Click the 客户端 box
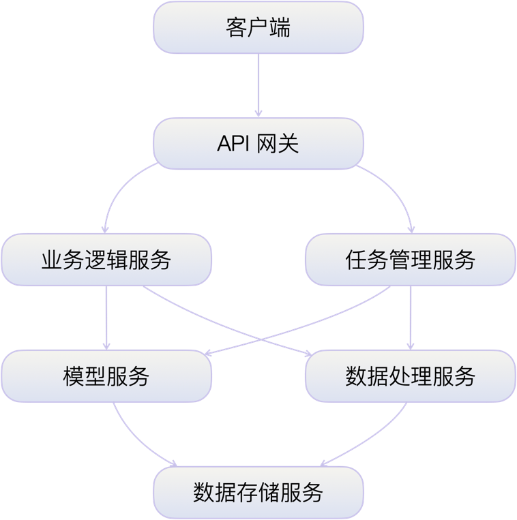tap(258, 28)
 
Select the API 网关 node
tap(258, 144)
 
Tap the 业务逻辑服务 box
tap(106, 260)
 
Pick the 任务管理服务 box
tap(410, 260)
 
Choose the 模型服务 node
tap(106, 376)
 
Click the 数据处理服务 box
tap(410, 376)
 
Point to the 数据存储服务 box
tap(258, 492)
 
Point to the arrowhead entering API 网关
tap(258, 113)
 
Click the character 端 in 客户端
tap(280, 28)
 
